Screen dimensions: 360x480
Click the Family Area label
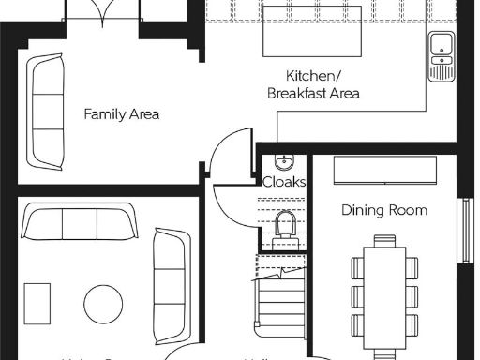[121, 114]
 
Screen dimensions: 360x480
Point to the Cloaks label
[283, 182]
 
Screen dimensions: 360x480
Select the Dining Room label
[383, 210]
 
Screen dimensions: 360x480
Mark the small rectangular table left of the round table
[38, 303]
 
